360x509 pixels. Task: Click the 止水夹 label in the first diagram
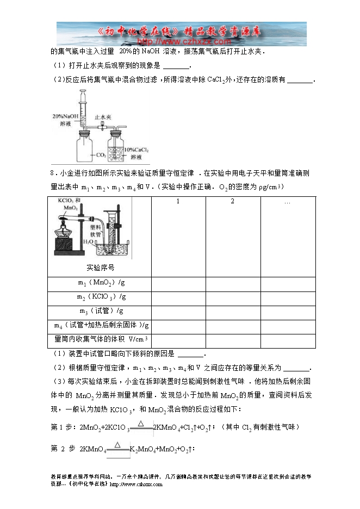pos(103,117)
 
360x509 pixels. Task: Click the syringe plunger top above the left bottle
pos(84,94)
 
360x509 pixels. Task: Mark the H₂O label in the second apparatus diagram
pos(88,241)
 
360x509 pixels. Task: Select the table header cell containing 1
pos(178,202)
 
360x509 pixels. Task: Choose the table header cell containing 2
pos(232,202)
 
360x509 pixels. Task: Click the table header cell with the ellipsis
pos(287,202)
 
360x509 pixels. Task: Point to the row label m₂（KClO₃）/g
pos(101,297)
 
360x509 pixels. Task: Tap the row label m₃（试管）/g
pos(101,311)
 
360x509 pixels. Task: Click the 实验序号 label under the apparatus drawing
pos(101,268)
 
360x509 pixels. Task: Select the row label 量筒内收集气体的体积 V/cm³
pos(101,339)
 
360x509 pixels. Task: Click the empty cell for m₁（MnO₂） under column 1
pos(178,283)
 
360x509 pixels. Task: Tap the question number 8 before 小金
pos(51,173)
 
